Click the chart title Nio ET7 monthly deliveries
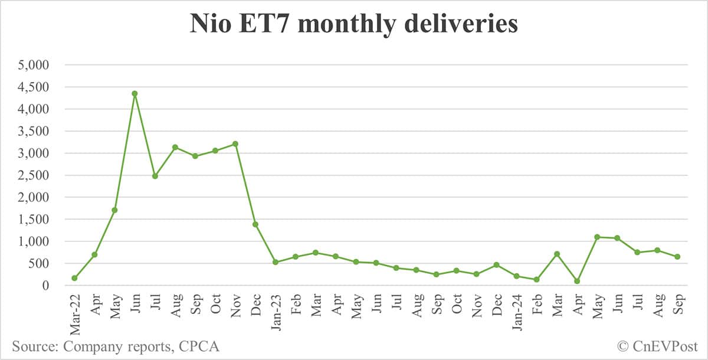click(x=353, y=25)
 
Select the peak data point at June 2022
click(x=135, y=93)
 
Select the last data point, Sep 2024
click(x=677, y=257)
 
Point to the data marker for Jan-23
click(x=276, y=262)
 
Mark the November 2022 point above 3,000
click(x=235, y=143)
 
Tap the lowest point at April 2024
click(x=577, y=282)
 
